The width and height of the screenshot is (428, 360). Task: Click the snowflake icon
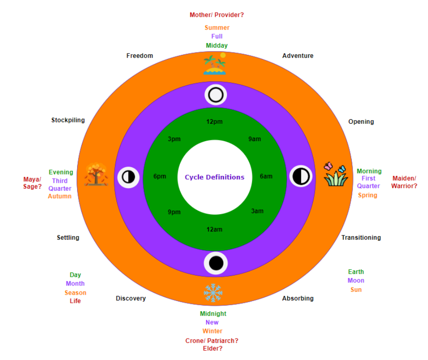(213, 292)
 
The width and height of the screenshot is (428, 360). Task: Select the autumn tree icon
(96, 174)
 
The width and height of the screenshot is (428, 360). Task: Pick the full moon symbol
(216, 95)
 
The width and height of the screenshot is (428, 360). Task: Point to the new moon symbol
(216, 263)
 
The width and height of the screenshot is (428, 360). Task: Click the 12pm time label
(214, 122)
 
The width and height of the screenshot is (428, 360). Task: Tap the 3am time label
(258, 211)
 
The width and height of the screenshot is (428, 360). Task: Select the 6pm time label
(160, 176)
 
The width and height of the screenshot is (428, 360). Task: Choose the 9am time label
(255, 139)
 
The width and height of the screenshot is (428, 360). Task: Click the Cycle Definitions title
(215, 177)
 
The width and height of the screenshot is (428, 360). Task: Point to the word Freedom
(140, 56)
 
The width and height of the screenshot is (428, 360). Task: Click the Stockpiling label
(68, 120)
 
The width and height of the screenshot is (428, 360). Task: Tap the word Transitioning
(361, 238)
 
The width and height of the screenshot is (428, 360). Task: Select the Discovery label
(131, 298)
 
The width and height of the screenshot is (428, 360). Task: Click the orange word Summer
(217, 27)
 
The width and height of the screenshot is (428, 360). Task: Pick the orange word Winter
(212, 331)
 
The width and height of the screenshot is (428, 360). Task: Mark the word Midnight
(213, 313)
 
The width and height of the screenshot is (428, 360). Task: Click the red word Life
(75, 301)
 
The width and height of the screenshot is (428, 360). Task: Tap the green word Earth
(356, 272)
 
